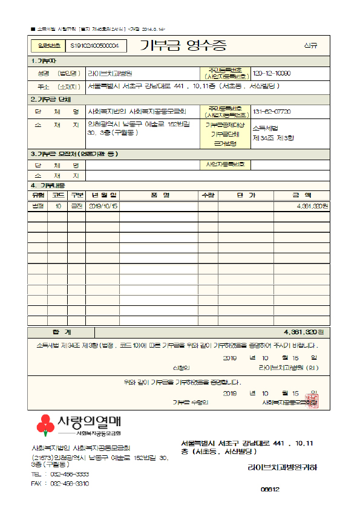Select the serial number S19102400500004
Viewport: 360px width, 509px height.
[94, 46]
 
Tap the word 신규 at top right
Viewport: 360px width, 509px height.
[310, 46]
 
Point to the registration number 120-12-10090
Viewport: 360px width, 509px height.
[272, 73]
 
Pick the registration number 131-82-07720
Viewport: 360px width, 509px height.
[272, 112]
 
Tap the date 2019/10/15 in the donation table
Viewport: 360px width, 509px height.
[103, 206]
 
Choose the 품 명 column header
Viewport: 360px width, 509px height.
[160, 195]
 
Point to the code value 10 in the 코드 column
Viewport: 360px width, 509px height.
[58, 206]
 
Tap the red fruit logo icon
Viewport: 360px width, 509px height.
[45, 426]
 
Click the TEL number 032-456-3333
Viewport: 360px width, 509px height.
[70, 475]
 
